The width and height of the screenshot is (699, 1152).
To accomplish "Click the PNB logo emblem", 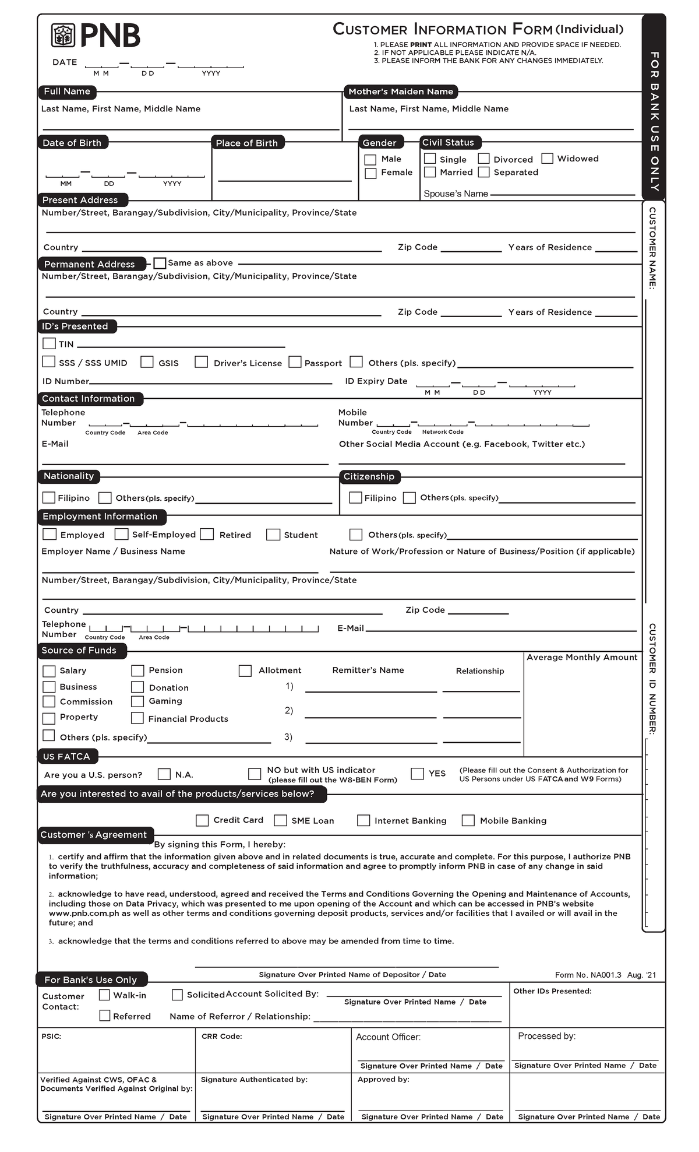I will tap(63, 35).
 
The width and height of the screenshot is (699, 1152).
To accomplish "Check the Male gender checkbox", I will tap(370, 160).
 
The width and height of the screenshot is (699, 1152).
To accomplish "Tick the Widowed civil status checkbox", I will tap(547, 159).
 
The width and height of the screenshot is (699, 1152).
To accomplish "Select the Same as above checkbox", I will tap(160, 263).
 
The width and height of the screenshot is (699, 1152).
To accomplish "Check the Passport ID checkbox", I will tap(295, 362).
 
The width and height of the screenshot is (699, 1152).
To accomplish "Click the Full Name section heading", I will tap(67, 92).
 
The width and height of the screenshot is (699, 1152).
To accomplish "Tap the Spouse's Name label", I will tap(456, 194).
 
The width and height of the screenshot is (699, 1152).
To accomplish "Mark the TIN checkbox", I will tap(50, 344).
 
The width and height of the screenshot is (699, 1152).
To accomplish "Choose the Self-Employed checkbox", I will tap(121, 534).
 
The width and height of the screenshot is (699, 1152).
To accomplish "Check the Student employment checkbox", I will tap(273, 535).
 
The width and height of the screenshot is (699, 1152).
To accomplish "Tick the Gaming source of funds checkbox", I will tap(137, 701).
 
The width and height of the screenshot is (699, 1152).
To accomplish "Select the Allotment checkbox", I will tap(245, 671).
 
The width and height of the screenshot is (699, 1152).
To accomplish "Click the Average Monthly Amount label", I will tap(581, 658).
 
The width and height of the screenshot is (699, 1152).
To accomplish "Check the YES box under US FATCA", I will tap(417, 774).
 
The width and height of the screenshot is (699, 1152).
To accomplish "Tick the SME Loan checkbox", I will tap(281, 820).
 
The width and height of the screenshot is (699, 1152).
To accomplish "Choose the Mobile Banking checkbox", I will tap(468, 820).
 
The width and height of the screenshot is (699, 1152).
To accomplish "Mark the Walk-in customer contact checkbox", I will tap(105, 995).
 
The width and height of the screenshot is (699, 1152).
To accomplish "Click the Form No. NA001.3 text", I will tap(588, 975).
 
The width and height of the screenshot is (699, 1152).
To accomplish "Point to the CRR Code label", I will tap(221, 1036).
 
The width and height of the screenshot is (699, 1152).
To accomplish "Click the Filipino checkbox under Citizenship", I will tap(355, 497).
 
